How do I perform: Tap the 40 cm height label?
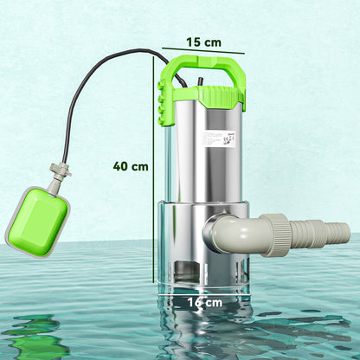(x=130, y=166)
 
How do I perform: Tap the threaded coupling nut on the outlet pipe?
(x=279, y=232)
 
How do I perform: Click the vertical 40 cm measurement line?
(x=154, y=173)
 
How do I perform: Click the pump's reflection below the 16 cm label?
(x=203, y=333)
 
